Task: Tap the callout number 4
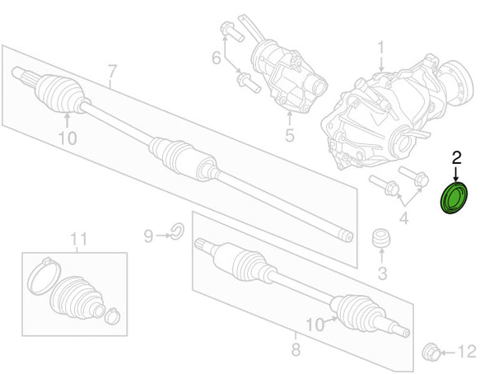coord(403,218)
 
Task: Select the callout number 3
coord(381,273)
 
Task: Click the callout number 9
coord(148,237)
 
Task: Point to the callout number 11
coord(78,240)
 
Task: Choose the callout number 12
coord(466,353)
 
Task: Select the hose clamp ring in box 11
coord(42,275)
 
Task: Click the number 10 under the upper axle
coord(68,138)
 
